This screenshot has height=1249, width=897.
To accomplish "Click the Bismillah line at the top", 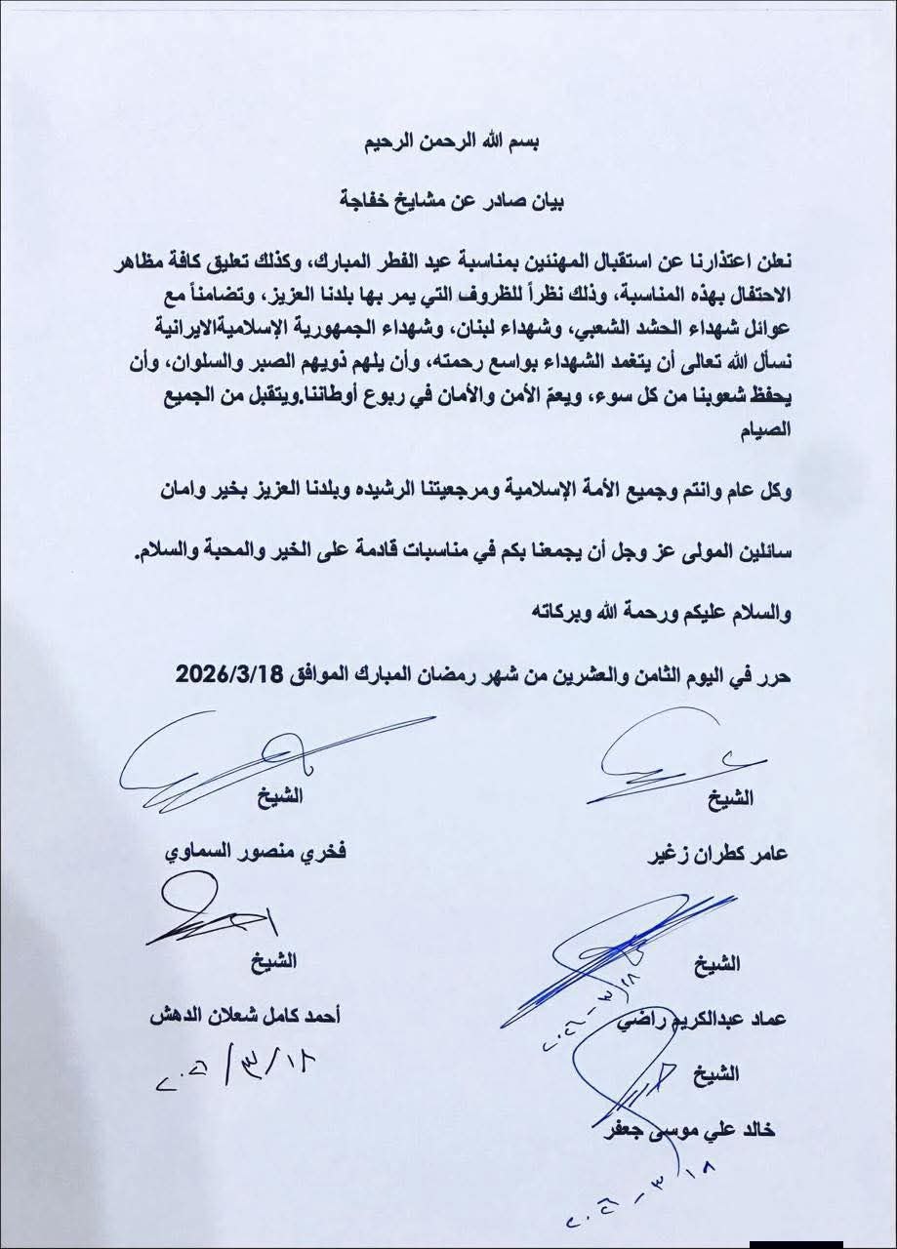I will tap(448, 142).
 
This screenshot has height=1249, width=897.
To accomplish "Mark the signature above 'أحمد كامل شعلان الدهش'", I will tap(210, 913).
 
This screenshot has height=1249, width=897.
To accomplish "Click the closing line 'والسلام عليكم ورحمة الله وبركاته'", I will tap(672, 613).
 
